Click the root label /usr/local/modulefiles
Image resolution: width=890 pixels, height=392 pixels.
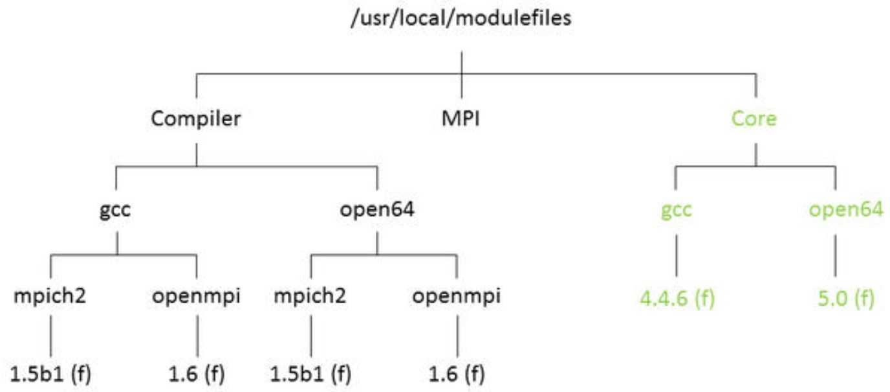pos(461,18)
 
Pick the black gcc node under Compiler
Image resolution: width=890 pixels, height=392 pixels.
pos(116,210)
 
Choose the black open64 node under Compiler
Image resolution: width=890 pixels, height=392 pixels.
pos(376,210)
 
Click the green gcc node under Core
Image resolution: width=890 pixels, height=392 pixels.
pos(677,210)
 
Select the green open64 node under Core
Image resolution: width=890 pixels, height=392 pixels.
pos(846,210)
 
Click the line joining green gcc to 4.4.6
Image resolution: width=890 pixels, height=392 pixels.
pos(677,255)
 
